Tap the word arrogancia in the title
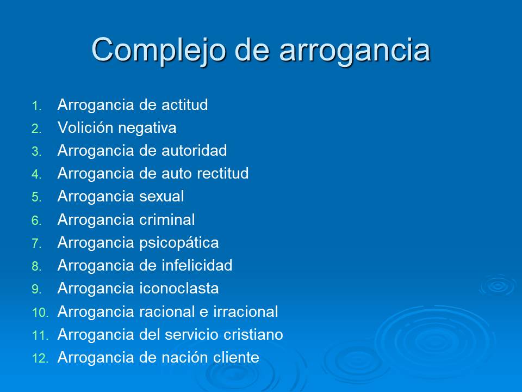pos(355,50)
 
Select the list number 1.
pos(36,106)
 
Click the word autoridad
pos(194,151)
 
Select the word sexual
pos(162,197)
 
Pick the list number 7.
pos(36,244)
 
